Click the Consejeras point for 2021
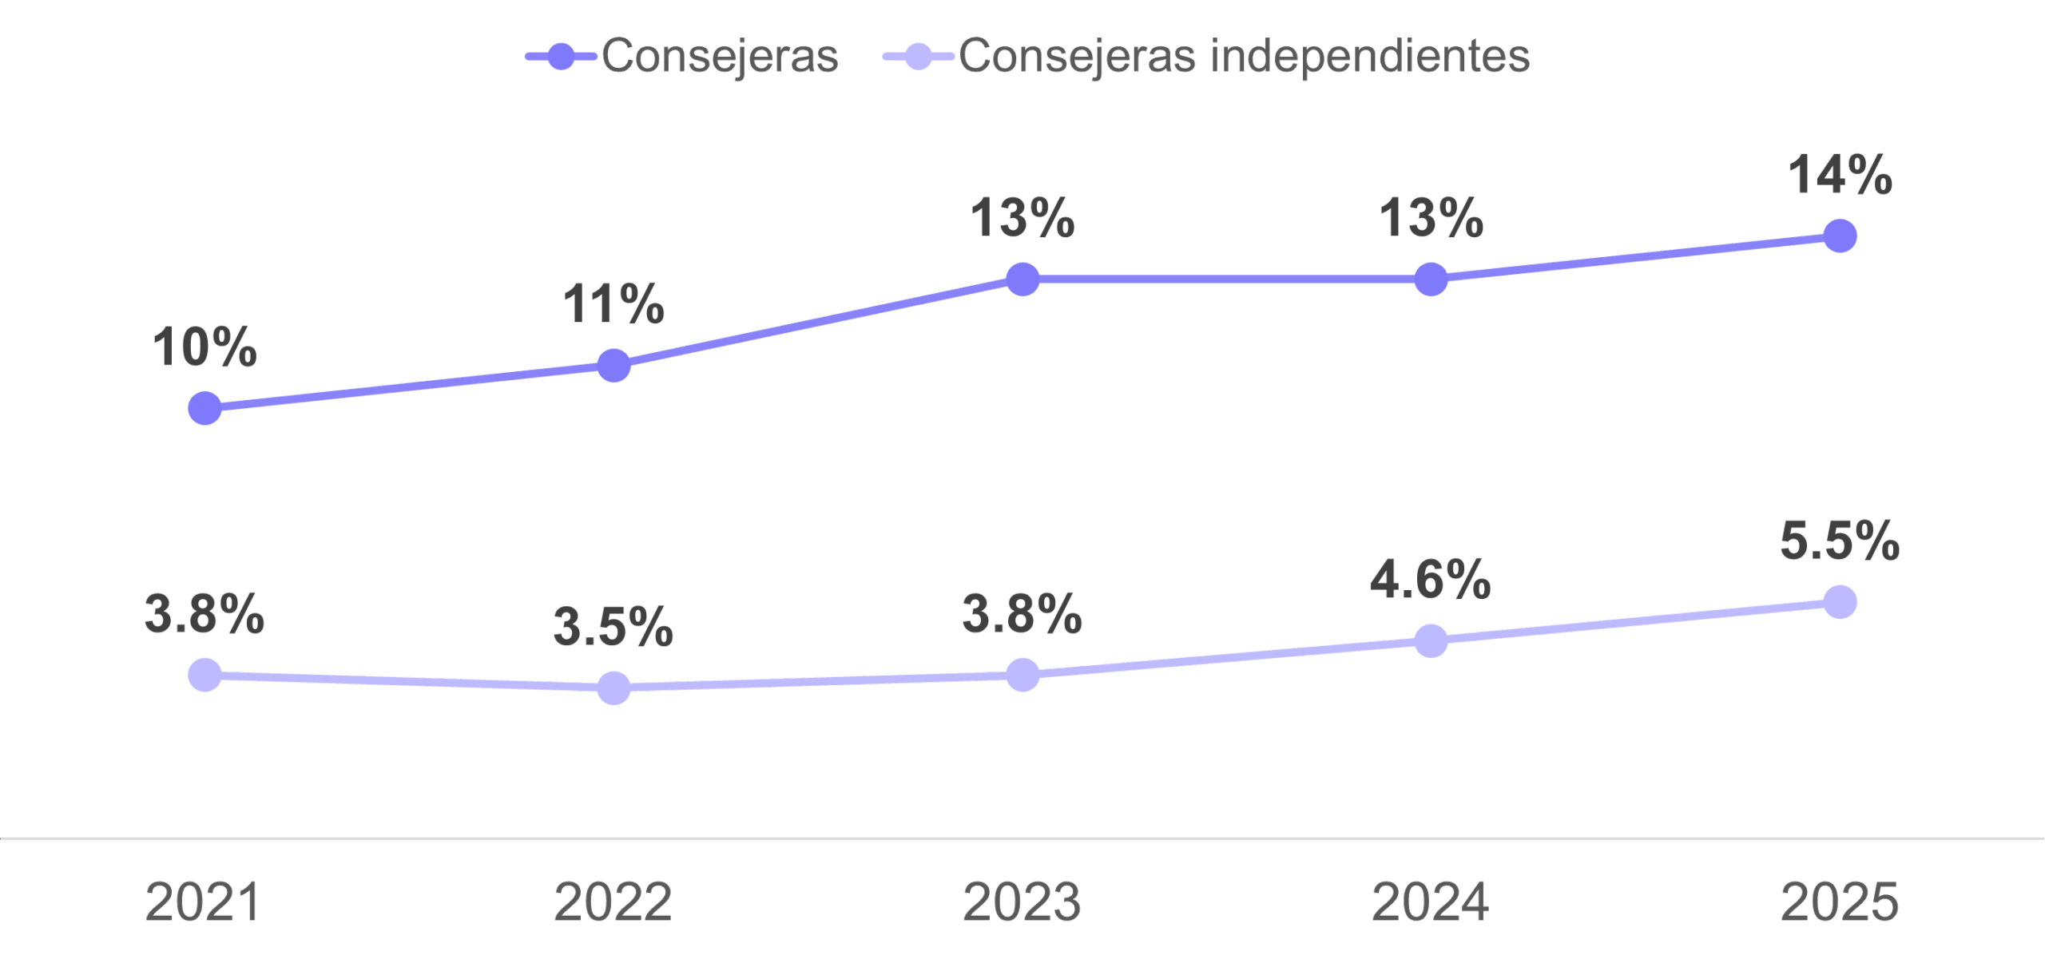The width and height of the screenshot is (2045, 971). point(204,408)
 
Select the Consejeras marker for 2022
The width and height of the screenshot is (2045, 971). point(613,365)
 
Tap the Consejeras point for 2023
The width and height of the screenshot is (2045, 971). point(1022,279)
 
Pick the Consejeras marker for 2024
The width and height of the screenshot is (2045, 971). point(1431,279)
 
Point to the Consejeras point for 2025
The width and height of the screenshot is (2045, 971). point(1840,236)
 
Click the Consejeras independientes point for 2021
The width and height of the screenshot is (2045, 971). point(204,675)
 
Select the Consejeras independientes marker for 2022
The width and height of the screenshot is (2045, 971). point(613,688)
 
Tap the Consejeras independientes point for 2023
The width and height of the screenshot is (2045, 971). point(1022,675)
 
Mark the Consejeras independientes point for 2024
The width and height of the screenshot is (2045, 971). point(1431,640)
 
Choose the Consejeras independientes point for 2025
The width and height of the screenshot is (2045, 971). point(1840,601)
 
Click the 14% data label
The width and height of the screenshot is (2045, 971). point(1840,175)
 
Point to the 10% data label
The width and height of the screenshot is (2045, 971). point(204,347)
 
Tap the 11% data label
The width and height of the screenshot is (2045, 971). point(613,304)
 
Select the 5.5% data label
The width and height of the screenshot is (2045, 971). point(1840,541)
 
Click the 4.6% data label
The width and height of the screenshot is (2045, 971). point(1431,580)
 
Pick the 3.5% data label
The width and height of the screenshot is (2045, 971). point(613,627)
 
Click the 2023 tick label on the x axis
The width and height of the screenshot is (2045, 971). point(1022,902)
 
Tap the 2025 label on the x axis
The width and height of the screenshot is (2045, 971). point(1840,902)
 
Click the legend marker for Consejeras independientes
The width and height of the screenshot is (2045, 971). point(919,57)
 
